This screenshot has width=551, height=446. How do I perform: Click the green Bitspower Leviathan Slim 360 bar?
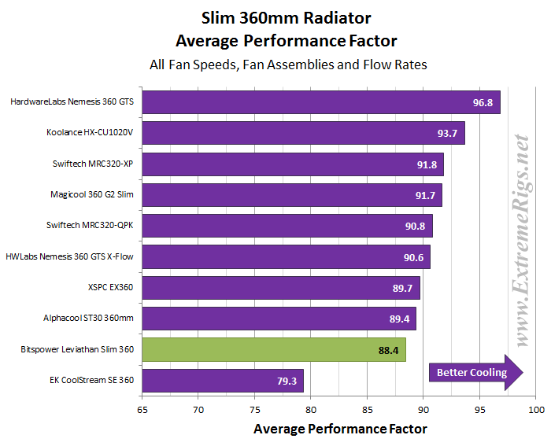click(x=274, y=348)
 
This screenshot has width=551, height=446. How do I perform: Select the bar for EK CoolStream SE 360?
click(x=223, y=380)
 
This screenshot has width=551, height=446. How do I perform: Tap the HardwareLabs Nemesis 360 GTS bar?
click(x=321, y=101)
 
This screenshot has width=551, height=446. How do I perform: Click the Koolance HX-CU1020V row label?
click(x=90, y=133)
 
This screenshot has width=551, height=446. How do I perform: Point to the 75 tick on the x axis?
click(x=254, y=410)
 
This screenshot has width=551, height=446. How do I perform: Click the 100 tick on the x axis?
click(x=536, y=410)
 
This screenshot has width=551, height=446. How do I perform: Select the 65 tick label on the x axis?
click(x=142, y=410)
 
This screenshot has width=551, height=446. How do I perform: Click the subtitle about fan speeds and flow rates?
click(x=288, y=65)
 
